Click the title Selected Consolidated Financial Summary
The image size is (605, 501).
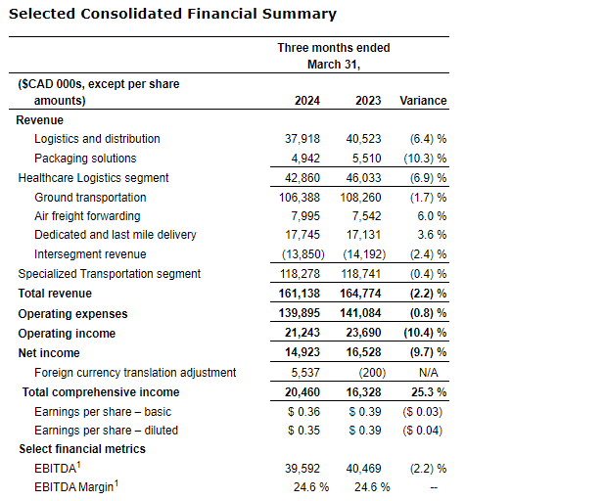point(172,14)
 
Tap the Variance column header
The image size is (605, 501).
point(423,101)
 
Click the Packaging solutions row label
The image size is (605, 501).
point(85,159)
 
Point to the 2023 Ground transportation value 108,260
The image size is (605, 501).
point(366,197)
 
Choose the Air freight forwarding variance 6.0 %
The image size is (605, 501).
point(431,216)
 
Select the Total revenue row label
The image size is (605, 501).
point(55,294)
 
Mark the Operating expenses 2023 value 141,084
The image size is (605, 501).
point(366,314)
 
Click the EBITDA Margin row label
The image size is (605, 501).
point(76,487)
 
